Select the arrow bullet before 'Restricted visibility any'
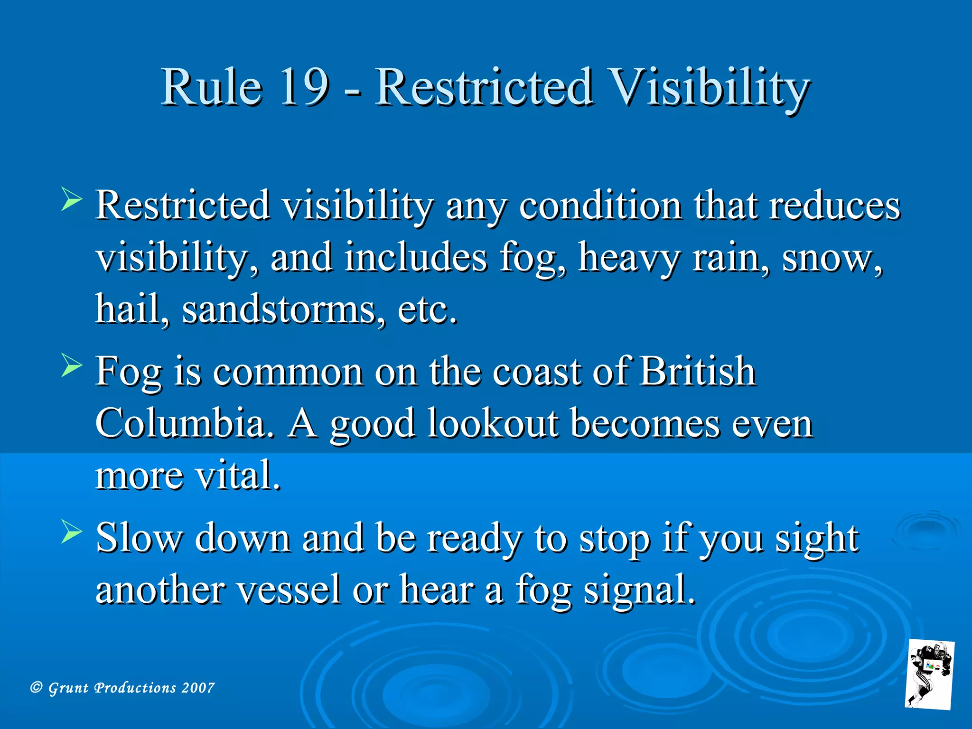pos(72,199)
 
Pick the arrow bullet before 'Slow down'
pos(72,532)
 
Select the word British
pos(697,371)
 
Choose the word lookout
pos(494,423)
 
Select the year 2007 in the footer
pos(198,688)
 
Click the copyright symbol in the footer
pos(37,688)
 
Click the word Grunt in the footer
pos(68,688)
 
